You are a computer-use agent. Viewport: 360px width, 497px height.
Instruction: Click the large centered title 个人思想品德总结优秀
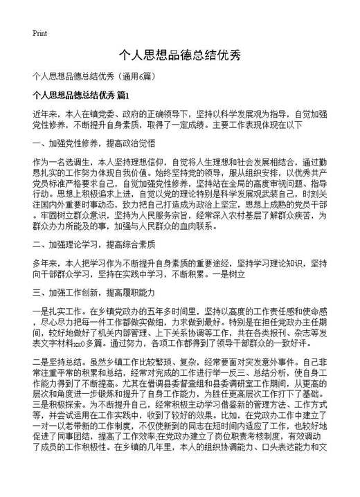[179, 55]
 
